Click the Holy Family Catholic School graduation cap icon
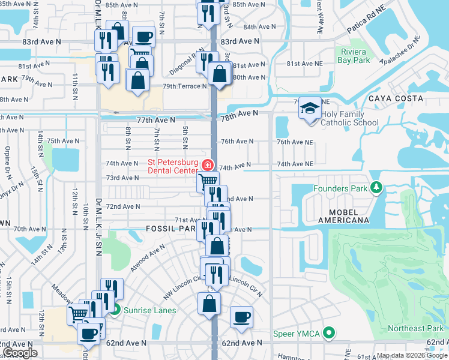pyautogui.click(x=310, y=109)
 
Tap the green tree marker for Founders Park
pyautogui.click(x=376, y=189)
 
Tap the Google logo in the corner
pyautogui.click(x=20, y=353)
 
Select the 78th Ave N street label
pyautogui.click(x=239, y=113)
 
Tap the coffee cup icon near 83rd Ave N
pyautogui.click(x=143, y=37)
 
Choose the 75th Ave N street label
pyautogui.click(x=63, y=141)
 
